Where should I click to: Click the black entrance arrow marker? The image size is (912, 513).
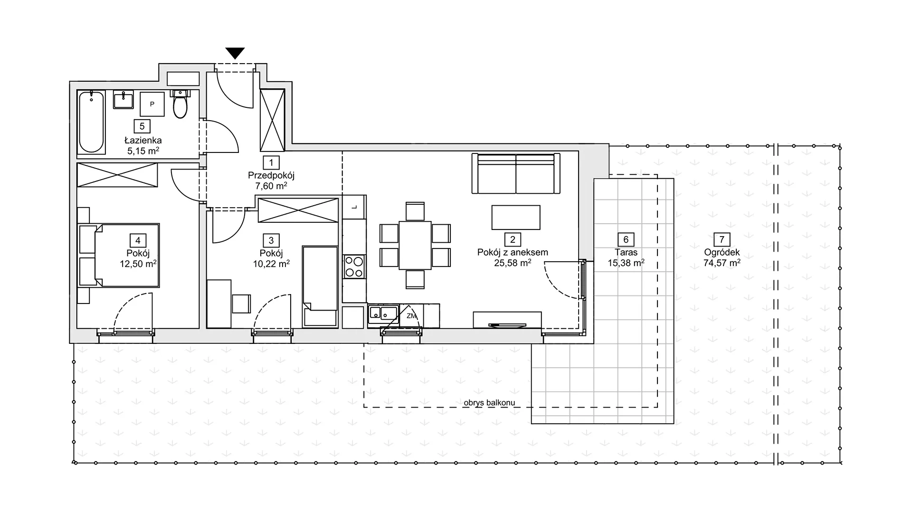pyautogui.click(x=235, y=53)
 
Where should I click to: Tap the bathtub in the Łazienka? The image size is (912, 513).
pyautogui.click(x=91, y=123)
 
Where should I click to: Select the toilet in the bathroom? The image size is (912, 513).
pyautogui.click(x=180, y=104)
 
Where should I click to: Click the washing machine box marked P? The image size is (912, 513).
pyautogui.click(x=152, y=104)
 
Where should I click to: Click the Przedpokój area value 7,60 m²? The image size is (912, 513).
pyautogui.click(x=271, y=186)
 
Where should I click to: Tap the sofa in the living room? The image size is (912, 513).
pyautogui.click(x=516, y=173)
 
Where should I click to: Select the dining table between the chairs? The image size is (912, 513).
pyautogui.click(x=415, y=246)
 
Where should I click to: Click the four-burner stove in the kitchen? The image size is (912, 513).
pyautogui.click(x=353, y=266)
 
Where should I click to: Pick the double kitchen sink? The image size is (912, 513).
pyautogui.click(x=383, y=313)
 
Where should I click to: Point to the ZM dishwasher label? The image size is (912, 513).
pyautogui.click(x=411, y=316)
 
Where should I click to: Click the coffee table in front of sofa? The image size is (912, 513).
pyautogui.click(x=516, y=218)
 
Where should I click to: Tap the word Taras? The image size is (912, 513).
pyautogui.click(x=626, y=253)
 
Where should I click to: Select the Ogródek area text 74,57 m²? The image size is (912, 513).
pyautogui.click(x=722, y=263)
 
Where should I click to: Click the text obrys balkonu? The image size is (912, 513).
pyautogui.click(x=489, y=403)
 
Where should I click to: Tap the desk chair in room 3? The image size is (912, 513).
pyautogui.click(x=241, y=304)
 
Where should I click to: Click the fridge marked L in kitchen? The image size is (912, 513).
pyautogui.click(x=354, y=207)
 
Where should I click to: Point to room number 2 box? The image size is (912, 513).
pyautogui.click(x=513, y=240)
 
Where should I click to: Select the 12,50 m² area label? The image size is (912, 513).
pyautogui.click(x=138, y=264)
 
